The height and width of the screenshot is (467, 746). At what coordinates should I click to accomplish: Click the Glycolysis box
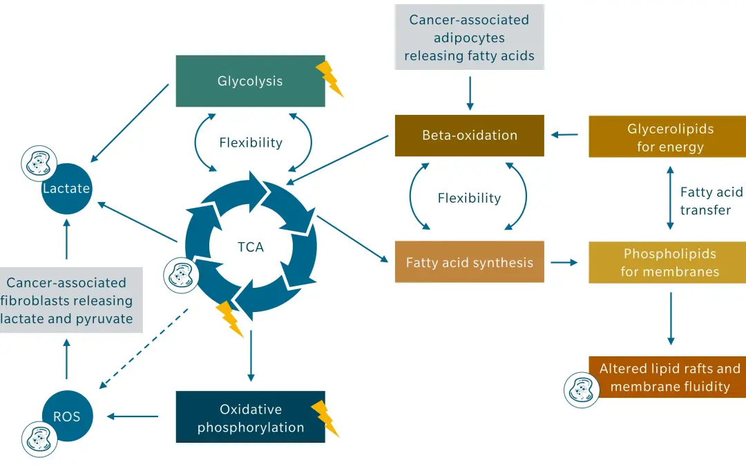tap(250, 81)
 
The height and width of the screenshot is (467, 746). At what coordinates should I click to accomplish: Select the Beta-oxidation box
tap(470, 135)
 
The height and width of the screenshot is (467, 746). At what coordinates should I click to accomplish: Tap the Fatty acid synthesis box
tap(470, 262)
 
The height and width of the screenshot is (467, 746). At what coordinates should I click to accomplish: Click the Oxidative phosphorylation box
tap(250, 418)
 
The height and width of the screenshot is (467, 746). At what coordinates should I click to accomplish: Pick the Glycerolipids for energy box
tap(667, 137)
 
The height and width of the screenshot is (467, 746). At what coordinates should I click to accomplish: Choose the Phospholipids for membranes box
tap(667, 262)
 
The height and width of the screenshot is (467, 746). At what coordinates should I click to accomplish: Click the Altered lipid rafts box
tap(667, 377)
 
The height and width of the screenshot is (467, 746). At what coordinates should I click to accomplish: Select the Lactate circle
tap(66, 188)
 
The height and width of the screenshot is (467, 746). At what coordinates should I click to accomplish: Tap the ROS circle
tap(66, 416)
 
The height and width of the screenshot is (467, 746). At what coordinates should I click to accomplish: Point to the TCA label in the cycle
tap(250, 246)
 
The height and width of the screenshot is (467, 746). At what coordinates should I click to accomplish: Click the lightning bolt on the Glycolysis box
tap(329, 78)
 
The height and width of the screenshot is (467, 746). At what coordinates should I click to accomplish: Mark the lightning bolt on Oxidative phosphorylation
tap(325, 418)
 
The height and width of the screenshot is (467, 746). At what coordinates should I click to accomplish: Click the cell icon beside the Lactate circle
tap(37, 163)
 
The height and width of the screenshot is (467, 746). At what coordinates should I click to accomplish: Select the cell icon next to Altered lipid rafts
tap(582, 390)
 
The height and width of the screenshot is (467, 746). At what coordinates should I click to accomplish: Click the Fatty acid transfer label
tap(711, 201)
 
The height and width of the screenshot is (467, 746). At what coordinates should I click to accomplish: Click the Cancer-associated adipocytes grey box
tap(470, 37)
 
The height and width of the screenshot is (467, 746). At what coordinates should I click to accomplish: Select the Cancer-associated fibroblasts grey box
tap(66, 300)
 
